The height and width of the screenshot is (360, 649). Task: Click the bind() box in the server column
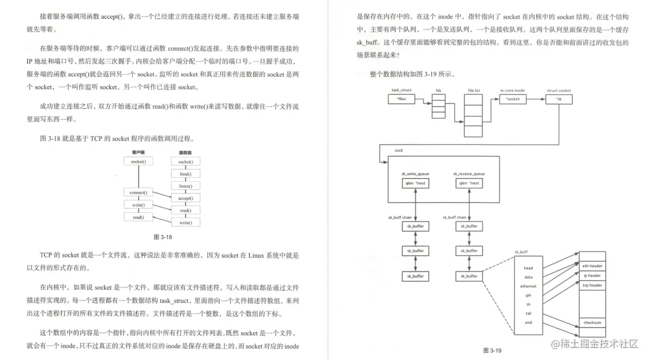tap(185, 174)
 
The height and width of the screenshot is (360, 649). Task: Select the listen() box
tap(185, 186)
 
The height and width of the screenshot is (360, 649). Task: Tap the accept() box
tap(185, 198)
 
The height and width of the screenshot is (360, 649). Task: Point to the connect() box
tap(138, 193)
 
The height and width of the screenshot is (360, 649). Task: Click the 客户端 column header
tap(138, 153)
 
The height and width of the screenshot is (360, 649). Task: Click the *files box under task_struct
tap(402, 99)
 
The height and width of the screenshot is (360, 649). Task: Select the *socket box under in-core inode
tap(513, 99)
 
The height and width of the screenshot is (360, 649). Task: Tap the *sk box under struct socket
tap(558, 99)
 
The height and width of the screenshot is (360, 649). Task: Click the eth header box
tap(592, 266)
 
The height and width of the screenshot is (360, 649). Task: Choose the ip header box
tap(592, 276)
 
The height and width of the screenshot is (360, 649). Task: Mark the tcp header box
tap(592, 285)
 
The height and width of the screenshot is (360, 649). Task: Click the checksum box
tap(592, 323)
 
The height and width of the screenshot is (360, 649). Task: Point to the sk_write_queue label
tap(416, 174)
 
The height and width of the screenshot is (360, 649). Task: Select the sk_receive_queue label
tap(469, 174)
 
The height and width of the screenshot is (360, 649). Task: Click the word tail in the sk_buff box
tap(528, 313)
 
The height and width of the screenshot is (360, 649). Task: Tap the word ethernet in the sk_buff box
tap(528, 286)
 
